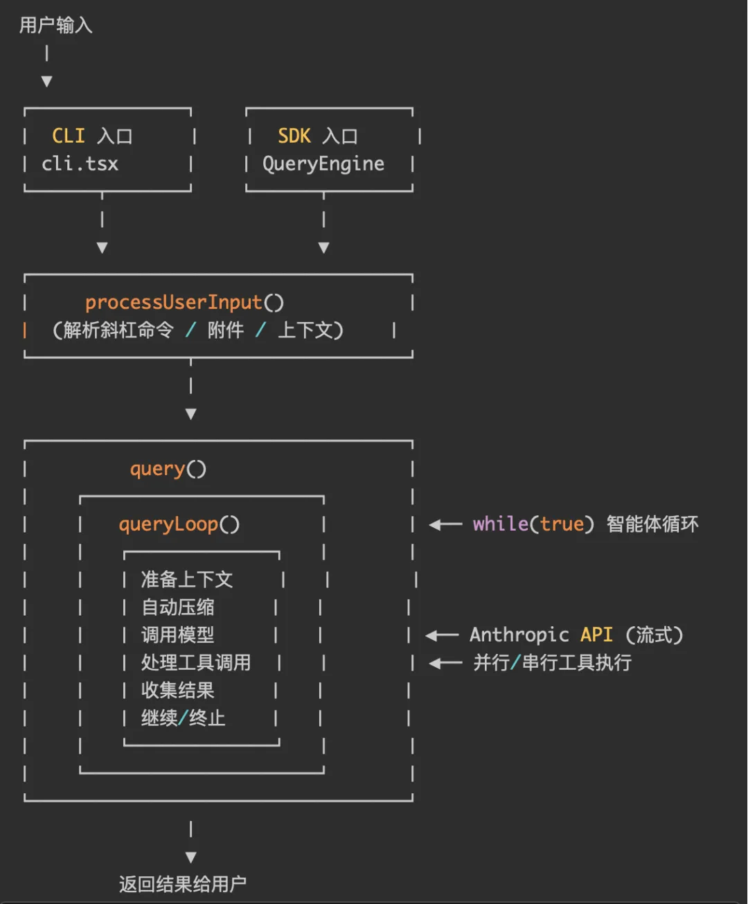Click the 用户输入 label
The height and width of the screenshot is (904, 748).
click(x=55, y=26)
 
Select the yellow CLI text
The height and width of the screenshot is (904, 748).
click(x=69, y=136)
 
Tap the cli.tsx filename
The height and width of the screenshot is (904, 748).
click(x=80, y=164)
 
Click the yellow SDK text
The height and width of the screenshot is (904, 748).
click(x=294, y=136)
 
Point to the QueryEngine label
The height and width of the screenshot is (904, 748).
click(x=323, y=164)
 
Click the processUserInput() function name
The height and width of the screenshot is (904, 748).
click(x=184, y=303)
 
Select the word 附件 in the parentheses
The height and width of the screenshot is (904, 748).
click(x=226, y=330)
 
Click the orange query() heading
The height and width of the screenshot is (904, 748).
click(x=168, y=469)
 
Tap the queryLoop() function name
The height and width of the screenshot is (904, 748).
click(x=179, y=524)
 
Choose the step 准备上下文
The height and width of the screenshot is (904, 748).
click(x=186, y=579)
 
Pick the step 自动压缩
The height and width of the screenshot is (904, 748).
click(x=177, y=608)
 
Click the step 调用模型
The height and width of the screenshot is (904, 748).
click(x=177, y=635)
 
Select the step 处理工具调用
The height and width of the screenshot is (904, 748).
click(x=195, y=663)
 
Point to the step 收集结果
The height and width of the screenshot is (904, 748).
click(x=177, y=691)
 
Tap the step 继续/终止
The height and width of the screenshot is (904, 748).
click(x=183, y=718)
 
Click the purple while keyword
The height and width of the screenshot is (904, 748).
click(x=500, y=524)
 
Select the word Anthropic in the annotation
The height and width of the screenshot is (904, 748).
click(x=519, y=635)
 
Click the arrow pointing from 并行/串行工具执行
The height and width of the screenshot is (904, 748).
click(x=445, y=664)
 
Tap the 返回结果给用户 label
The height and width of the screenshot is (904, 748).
click(x=182, y=885)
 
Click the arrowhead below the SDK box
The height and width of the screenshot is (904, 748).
click(x=323, y=247)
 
